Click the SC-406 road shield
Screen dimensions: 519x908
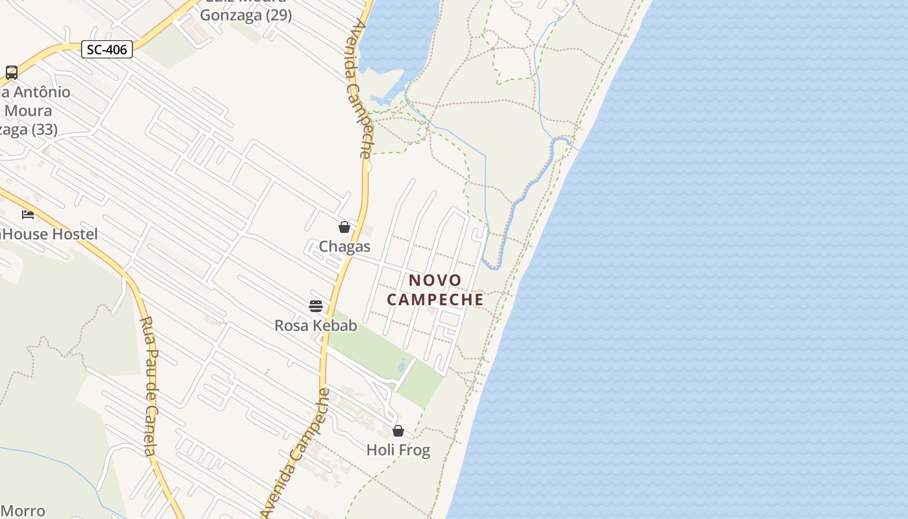tap(107, 49)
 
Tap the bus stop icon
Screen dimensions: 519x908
tap(12, 72)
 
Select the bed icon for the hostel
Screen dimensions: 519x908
tap(28, 214)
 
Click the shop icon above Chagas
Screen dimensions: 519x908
tap(344, 227)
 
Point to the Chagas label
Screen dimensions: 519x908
tap(344, 247)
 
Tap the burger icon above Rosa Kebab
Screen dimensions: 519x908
tap(316, 306)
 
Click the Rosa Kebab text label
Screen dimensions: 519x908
tap(316, 326)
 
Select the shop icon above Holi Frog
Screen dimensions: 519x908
tap(398, 431)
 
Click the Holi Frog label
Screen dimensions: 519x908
tap(398, 450)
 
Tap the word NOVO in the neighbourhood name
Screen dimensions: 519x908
tap(435, 280)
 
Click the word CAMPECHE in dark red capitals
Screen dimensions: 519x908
tap(435, 299)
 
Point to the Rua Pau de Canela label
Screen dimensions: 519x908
tap(149, 386)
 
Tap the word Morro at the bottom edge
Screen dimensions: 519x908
tap(23, 511)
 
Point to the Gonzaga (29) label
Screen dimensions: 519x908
tap(246, 15)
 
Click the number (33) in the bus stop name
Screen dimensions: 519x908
tap(44, 130)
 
